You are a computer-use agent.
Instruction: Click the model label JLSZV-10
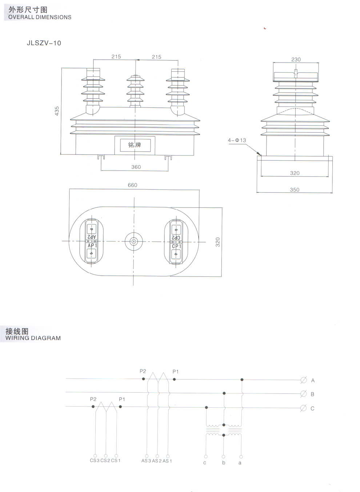[44, 43]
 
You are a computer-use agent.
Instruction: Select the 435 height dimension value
[57, 111]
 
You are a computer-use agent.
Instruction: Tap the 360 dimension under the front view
[136, 167]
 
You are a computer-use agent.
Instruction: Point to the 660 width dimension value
[132, 185]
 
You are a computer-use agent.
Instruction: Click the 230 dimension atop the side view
[296, 59]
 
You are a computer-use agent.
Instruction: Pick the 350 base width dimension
[295, 189]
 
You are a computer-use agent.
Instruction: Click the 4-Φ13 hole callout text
[237, 140]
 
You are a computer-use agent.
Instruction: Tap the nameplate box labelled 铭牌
[135, 145]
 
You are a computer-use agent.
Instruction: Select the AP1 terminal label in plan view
[92, 246]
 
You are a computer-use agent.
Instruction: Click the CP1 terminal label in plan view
[176, 246]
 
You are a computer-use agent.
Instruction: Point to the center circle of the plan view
[134, 241]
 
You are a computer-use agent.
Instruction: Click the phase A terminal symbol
[304, 380]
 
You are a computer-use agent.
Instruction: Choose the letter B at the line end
[312, 394]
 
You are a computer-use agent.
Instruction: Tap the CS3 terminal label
[95, 460]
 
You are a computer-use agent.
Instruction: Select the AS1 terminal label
[167, 461]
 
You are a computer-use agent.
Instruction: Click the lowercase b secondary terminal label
[224, 463]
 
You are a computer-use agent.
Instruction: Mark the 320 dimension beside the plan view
[218, 242]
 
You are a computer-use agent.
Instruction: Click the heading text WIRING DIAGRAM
[33, 338]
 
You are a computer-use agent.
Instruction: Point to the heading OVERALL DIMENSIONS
[40, 17]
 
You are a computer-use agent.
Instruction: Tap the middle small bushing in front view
[135, 91]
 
